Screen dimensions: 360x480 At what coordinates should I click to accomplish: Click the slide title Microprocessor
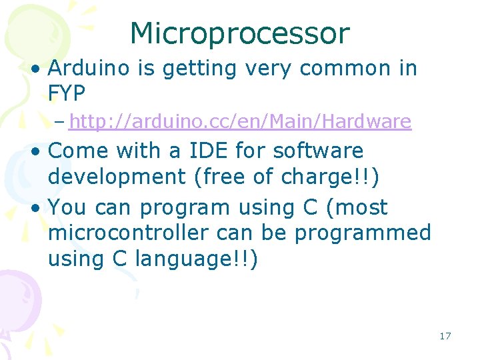tap(239, 33)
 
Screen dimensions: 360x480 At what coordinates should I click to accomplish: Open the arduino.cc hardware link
tap(240, 122)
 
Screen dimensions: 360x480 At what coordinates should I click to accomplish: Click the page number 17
tap(445, 336)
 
